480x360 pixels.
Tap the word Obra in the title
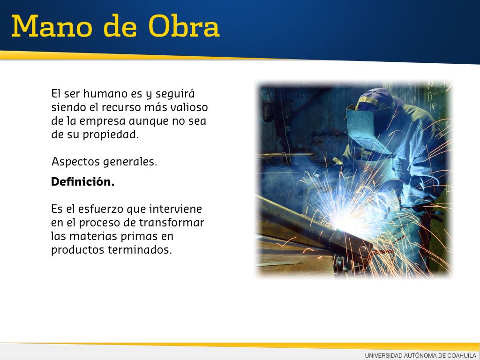(x=184, y=26)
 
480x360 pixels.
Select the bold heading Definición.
(x=82, y=181)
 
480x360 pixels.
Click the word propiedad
(x=111, y=135)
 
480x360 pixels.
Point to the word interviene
(x=175, y=209)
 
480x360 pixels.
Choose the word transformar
(x=172, y=223)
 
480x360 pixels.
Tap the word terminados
(x=140, y=250)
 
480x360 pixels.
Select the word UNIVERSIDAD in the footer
(x=383, y=355)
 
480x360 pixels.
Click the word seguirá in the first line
(x=175, y=94)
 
